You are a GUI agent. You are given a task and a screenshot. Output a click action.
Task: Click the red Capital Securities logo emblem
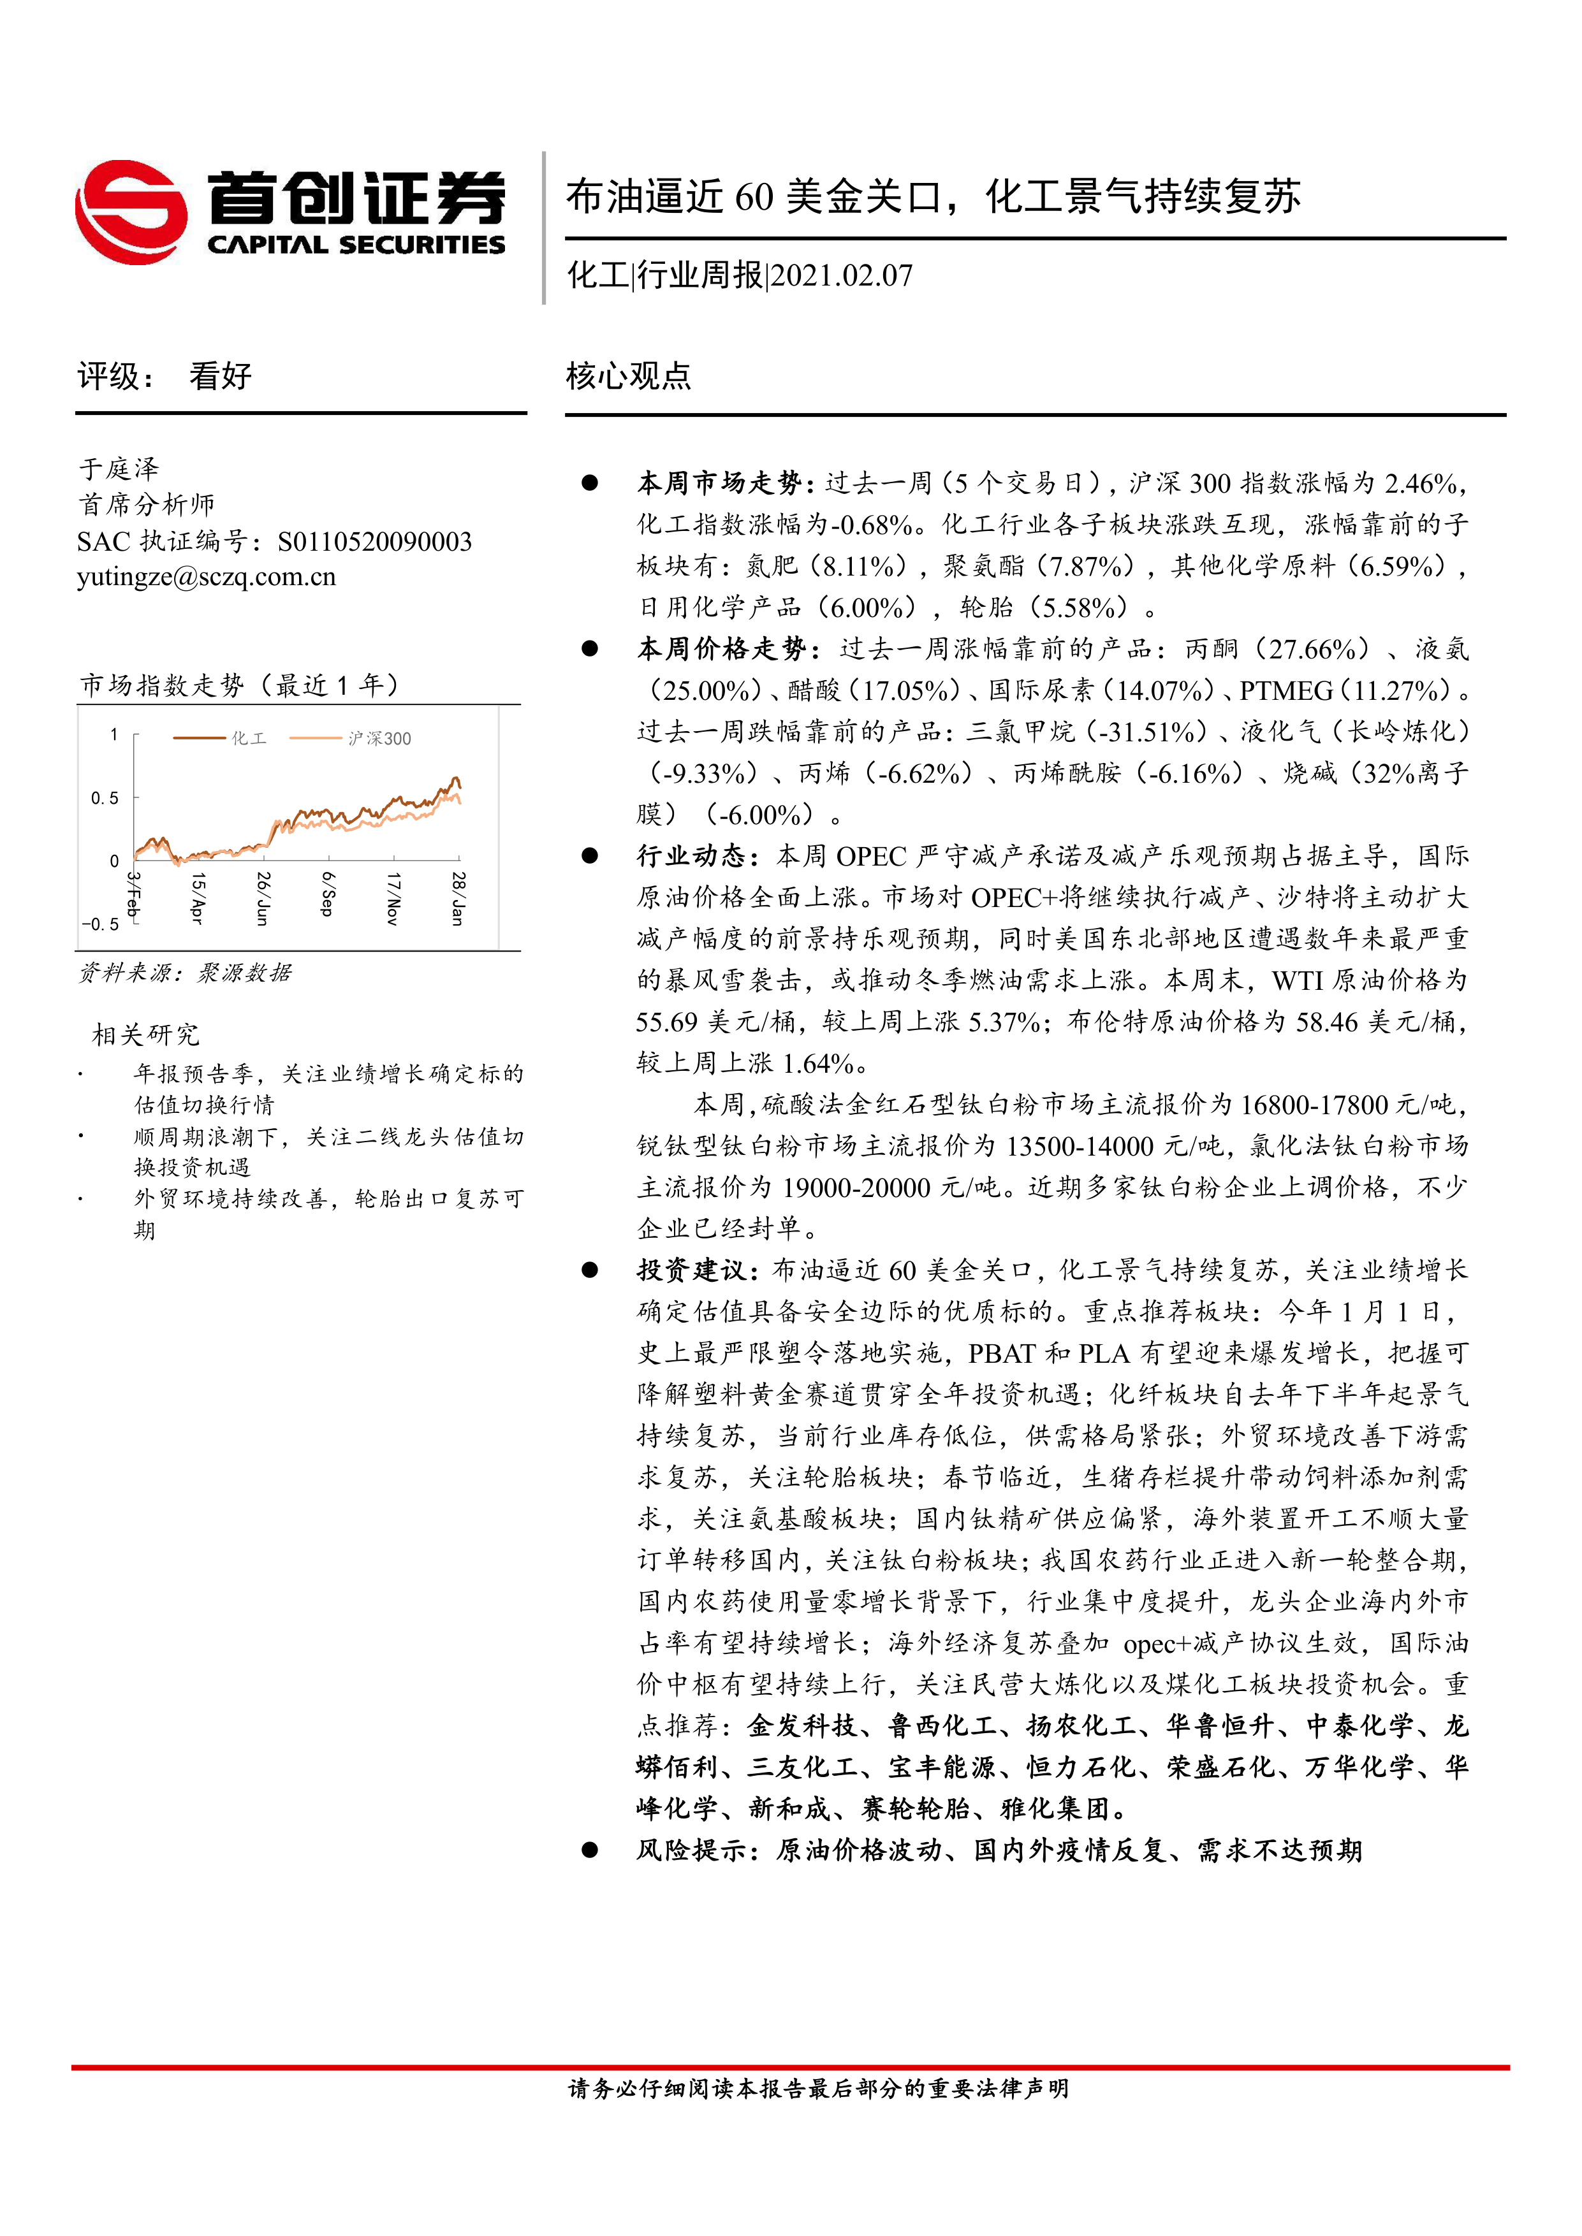pyautogui.click(x=131, y=212)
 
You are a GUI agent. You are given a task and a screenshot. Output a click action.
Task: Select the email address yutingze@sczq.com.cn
pyautogui.click(x=207, y=577)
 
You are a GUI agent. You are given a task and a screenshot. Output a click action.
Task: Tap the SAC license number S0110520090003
pyautogui.click(x=374, y=541)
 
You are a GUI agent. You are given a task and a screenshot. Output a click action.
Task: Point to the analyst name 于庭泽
pyautogui.click(x=119, y=468)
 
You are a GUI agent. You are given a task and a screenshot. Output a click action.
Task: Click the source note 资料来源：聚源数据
pyautogui.click(x=185, y=973)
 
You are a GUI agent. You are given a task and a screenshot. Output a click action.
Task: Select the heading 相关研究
pyautogui.click(x=145, y=1035)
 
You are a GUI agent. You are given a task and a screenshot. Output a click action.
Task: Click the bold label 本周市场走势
pyautogui.click(x=719, y=483)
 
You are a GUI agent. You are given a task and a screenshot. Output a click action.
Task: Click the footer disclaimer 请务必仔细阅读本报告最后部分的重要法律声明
pyautogui.click(x=818, y=2088)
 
